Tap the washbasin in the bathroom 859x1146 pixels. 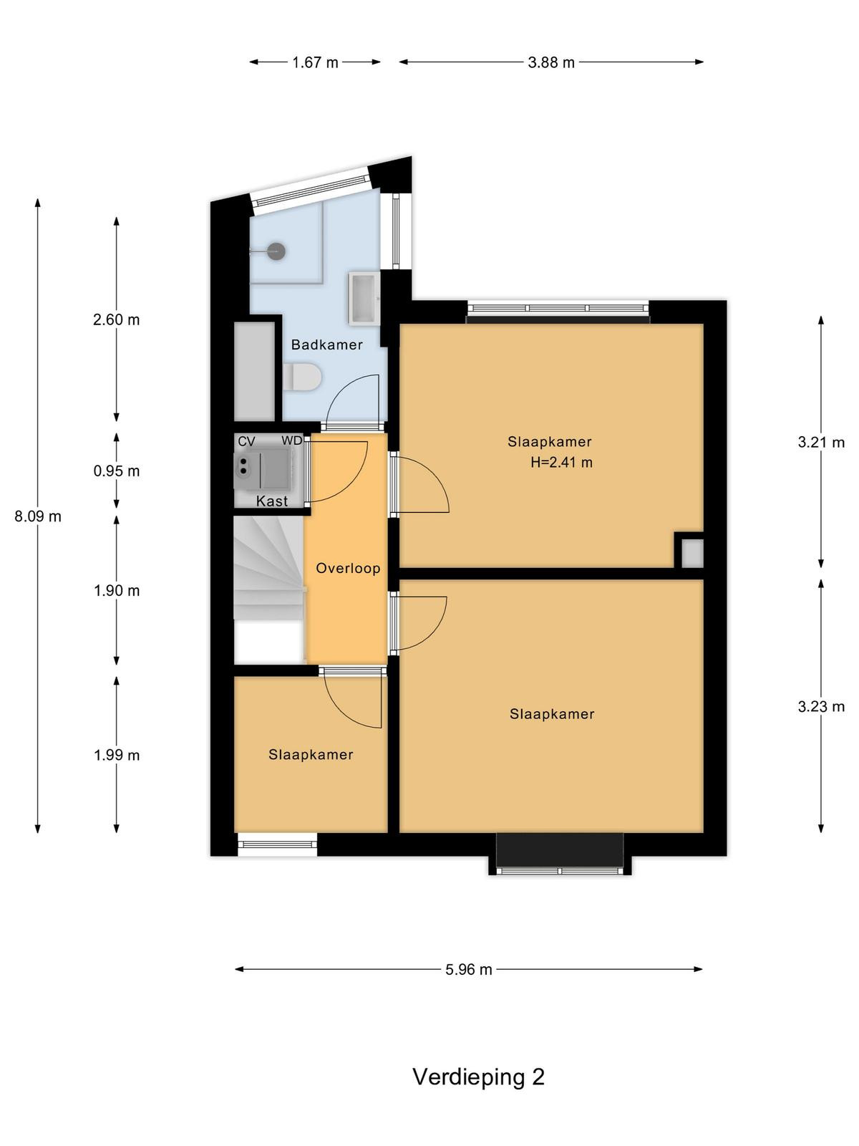(x=364, y=297)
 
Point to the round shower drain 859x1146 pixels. (x=276, y=251)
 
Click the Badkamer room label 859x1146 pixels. (x=326, y=345)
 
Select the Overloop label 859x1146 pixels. (x=348, y=568)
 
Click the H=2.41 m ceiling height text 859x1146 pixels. (x=561, y=462)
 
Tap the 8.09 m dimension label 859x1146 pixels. (x=38, y=516)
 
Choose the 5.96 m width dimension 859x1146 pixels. (x=468, y=970)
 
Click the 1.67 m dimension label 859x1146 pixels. (x=315, y=62)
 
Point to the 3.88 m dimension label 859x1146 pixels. (x=550, y=62)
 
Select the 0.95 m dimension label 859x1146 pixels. (x=116, y=471)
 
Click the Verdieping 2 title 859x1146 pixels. (x=478, y=1076)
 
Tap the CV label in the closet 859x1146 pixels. (x=246, y=442)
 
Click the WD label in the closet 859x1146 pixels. (x=291, y=440)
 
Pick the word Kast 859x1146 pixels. (x=272, y=501)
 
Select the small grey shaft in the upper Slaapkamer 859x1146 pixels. (x=693, y=554)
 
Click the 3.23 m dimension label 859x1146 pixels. (x=821, y=706)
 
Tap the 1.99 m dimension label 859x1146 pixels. (x=116, y=755)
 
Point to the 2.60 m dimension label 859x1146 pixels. (x=116, y=319)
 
